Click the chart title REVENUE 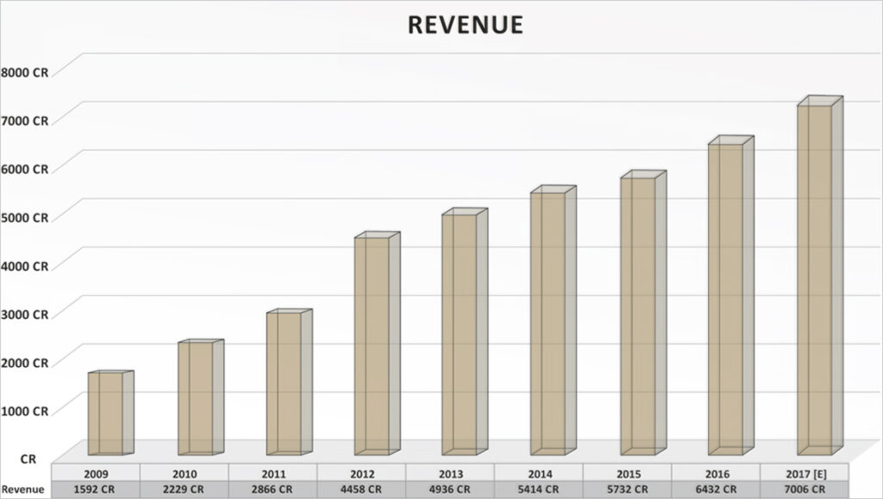click(x=465, y=25)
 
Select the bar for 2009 click(x=105, y=413)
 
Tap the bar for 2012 click(x=372, y=345)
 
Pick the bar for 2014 click(x=548, y=323)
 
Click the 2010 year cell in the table click(x=185, y=474)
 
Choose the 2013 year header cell click(x=450, y=474)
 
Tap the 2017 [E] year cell click(x=805, y=474)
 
